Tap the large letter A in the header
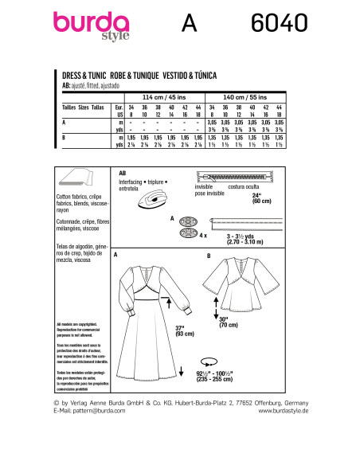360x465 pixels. (x=188, y=25)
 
